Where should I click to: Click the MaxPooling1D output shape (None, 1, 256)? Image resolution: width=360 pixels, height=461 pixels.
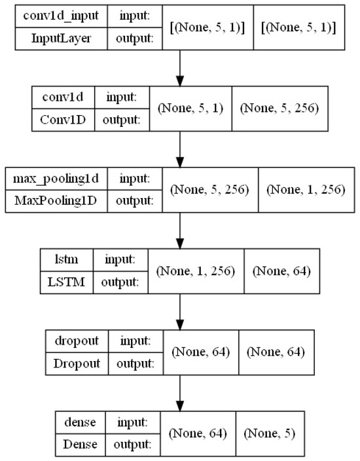(x=303, y=189)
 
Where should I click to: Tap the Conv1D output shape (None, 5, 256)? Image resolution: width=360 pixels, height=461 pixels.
(x=279, y=108)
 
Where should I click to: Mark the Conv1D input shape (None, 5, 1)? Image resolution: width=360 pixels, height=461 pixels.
(x=190, y=108)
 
